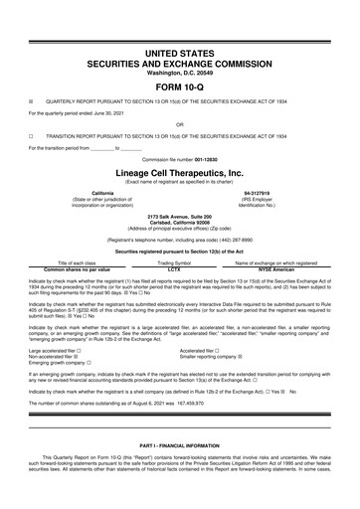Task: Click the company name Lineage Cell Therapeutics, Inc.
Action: (180, 171)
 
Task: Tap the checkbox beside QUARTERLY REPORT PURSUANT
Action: (32, 101)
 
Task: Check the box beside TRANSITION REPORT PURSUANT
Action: (32, 136)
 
